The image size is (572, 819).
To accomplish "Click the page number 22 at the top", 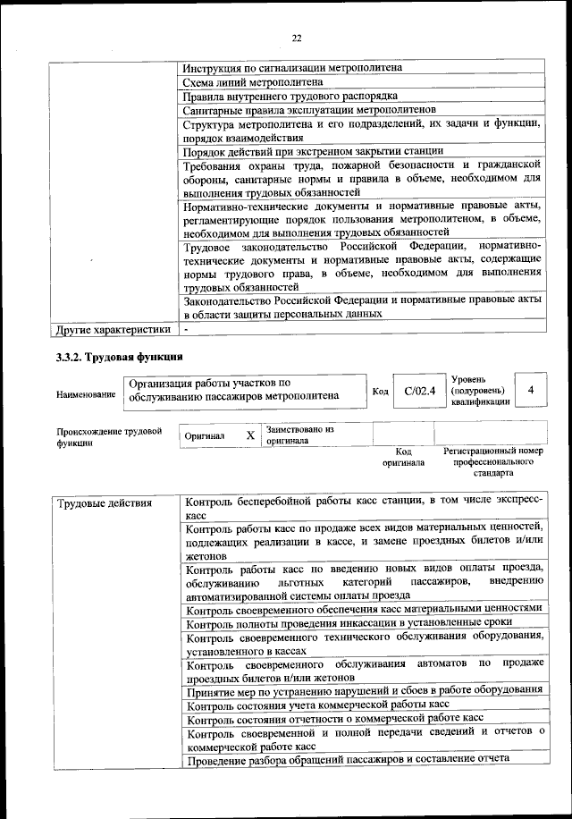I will click(298, 38).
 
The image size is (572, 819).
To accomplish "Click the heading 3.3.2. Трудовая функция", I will click(105, 359).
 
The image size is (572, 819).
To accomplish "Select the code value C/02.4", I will click(419, 390).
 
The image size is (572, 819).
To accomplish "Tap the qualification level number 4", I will click(531, 390).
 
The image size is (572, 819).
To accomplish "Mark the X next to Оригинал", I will click(250, 435).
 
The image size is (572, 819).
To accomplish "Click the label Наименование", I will click(86, 394).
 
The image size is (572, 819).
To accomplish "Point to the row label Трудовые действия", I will click(105, 503).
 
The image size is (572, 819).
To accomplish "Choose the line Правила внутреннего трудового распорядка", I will click(290, 96).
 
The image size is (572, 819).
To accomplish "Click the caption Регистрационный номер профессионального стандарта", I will click(493, 461).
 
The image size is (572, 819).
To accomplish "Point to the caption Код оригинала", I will click(403, 457).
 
